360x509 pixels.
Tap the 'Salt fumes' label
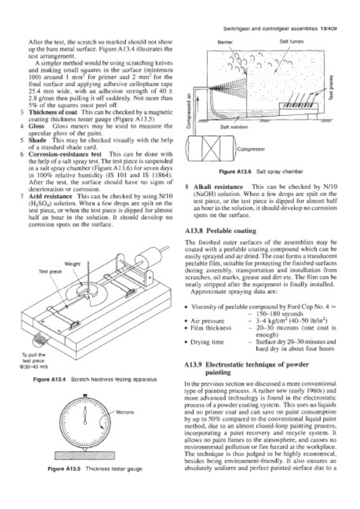click(x=291, y=41)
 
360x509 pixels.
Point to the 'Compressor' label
click(x=251, y=150)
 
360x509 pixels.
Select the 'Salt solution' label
click(x=234, y=127)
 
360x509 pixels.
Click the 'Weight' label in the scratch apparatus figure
click(x=73, y=264)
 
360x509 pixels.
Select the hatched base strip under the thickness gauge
click(x=85, y=456)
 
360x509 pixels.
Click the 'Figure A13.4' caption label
click(x=50, y=379)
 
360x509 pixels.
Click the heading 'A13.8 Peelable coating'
click(x=221, y=231)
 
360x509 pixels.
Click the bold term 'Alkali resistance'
click(x=218, y=186)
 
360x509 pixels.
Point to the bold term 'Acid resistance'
click(x=50, y=196)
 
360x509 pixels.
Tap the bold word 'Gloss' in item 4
click(x=36, y=126)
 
